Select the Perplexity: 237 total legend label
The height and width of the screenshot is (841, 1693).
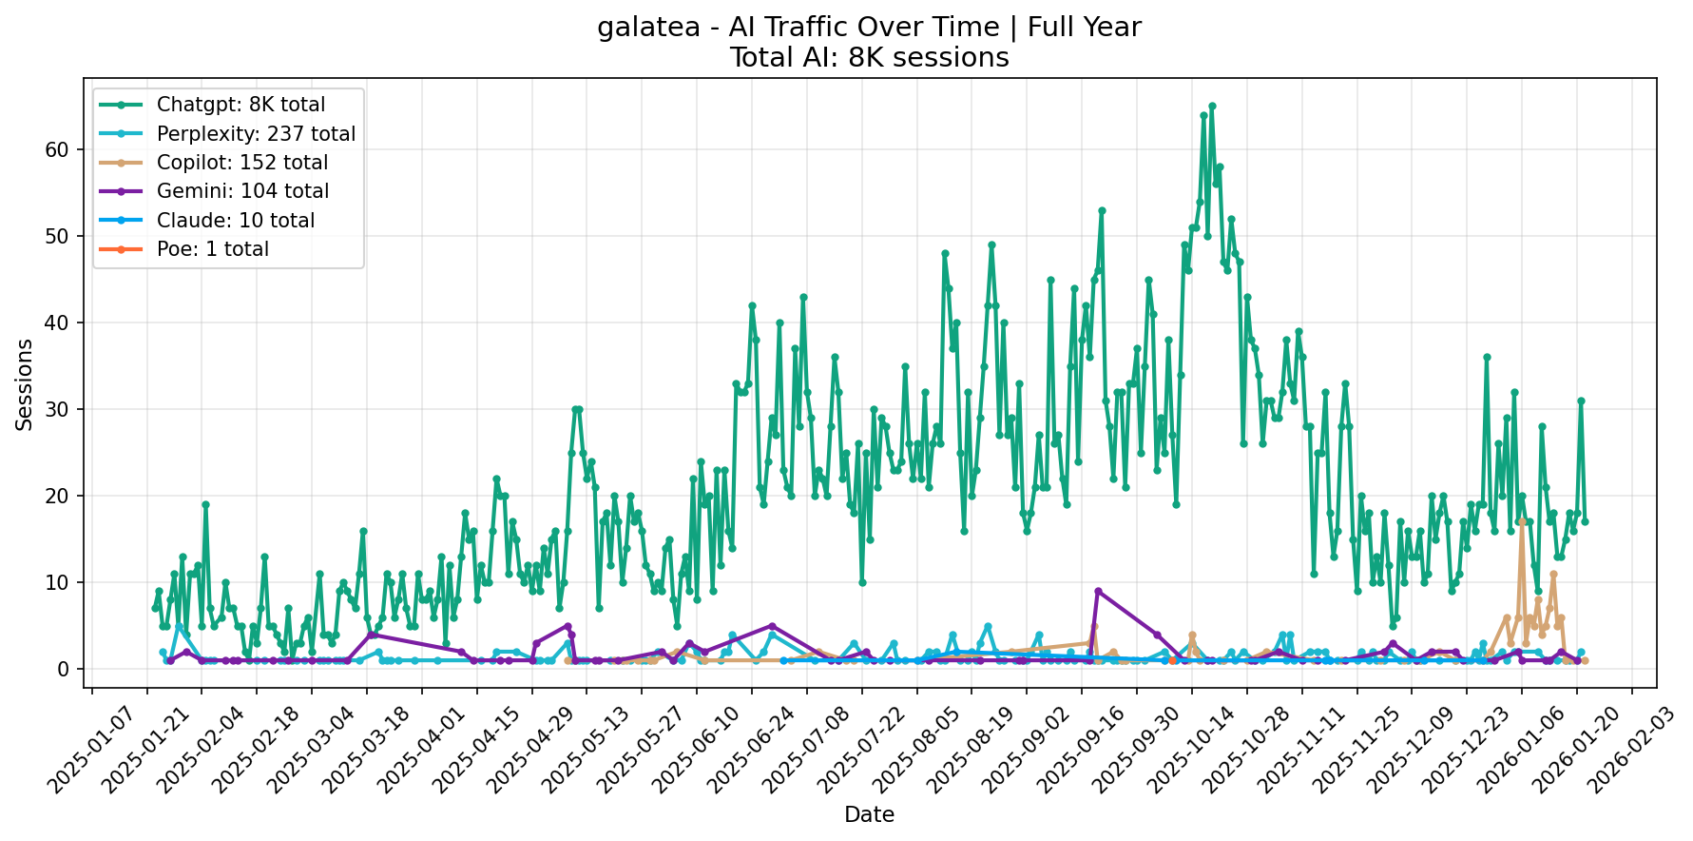(256, 134)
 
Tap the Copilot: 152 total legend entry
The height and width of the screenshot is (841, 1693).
(242, 163)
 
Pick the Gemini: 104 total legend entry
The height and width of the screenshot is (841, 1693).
(242, 191)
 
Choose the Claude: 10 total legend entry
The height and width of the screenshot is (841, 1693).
(235, 221)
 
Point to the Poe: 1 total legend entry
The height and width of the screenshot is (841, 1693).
(212, 249)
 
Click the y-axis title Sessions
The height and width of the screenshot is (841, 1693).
(25, 384)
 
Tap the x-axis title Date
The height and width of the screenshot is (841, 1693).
(869, 814)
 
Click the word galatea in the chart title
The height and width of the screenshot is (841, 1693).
(636, 28)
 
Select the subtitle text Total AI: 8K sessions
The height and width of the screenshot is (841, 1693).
(869, 58)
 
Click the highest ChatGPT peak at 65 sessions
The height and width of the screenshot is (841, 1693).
(1212, 106)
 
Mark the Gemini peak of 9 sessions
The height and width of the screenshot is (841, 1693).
(1098, 591)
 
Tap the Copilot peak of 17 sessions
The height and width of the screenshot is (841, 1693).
(1522, 521)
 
